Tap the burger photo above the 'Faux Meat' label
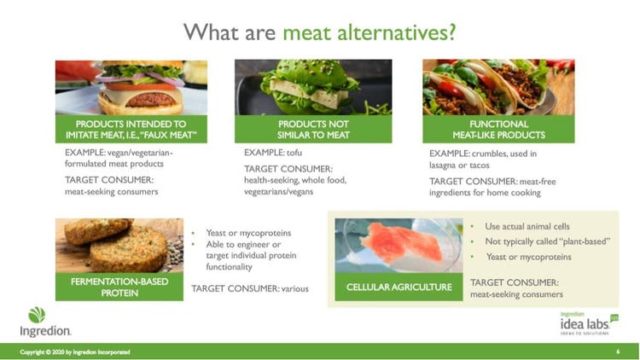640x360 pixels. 131,87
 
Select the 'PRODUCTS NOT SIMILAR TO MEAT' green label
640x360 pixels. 313,130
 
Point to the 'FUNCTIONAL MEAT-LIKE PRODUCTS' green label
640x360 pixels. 498,130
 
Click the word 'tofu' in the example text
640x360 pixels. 294,153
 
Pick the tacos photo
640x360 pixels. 498,87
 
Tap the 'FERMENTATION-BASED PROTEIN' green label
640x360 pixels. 119,287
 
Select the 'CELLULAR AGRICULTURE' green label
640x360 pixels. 399,287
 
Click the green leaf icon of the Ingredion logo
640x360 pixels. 37,315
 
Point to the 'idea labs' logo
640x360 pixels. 589,323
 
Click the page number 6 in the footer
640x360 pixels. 618,351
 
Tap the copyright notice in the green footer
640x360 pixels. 75,351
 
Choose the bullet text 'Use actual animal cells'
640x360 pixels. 527,226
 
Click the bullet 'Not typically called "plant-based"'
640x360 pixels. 547,241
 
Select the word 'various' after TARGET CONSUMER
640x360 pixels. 294,288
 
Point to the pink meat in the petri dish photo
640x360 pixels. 401,242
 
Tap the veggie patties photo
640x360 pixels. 119,246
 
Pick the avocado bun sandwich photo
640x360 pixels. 313,87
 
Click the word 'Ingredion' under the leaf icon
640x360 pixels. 45,331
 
